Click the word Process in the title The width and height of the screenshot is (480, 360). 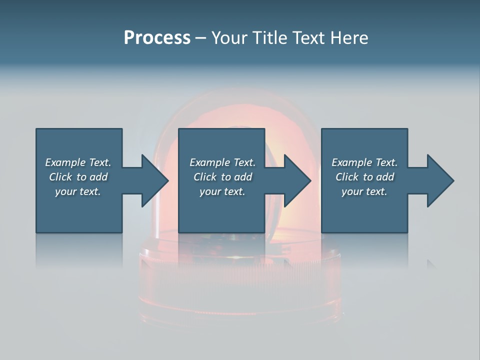coord(157,38)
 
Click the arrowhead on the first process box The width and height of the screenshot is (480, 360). coord(155,180)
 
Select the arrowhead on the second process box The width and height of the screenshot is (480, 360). coord(297,180)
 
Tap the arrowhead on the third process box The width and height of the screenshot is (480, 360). coord(440,180)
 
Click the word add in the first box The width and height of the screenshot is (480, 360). coord(98,177)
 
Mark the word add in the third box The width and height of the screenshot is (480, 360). coord(385,177)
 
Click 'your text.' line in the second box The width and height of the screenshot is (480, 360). coord(222,191)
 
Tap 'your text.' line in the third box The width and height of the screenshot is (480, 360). coord(364,191)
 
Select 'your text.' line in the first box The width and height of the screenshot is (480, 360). coord(78,191)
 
